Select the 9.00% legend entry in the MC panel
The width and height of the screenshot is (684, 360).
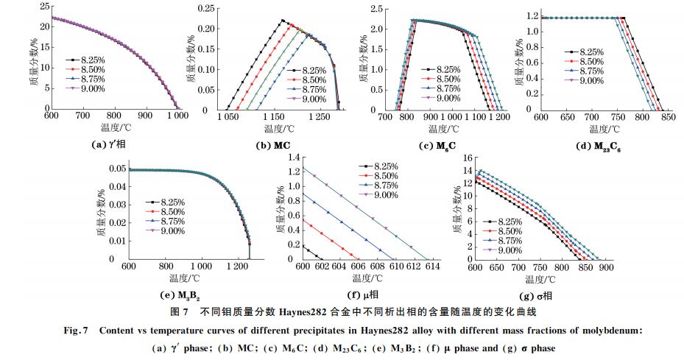[x=311, y=99]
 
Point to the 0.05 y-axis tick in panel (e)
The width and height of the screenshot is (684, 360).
[x=114, y=169]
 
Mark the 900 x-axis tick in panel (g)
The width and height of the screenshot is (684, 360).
[x=607, y=267]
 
